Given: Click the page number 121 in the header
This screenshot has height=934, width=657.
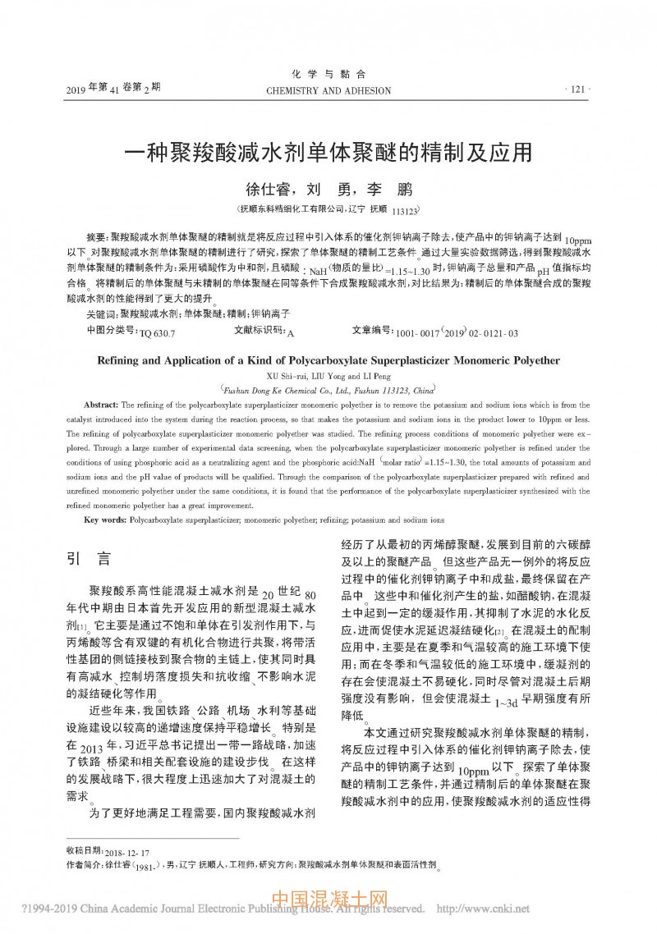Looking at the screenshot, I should click(577, 89).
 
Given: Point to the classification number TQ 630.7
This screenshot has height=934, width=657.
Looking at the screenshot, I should click(158, 334).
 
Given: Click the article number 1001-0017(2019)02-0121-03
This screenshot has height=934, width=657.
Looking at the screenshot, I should click(457, 334).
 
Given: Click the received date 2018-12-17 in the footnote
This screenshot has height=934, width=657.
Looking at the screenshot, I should click(131, 854).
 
